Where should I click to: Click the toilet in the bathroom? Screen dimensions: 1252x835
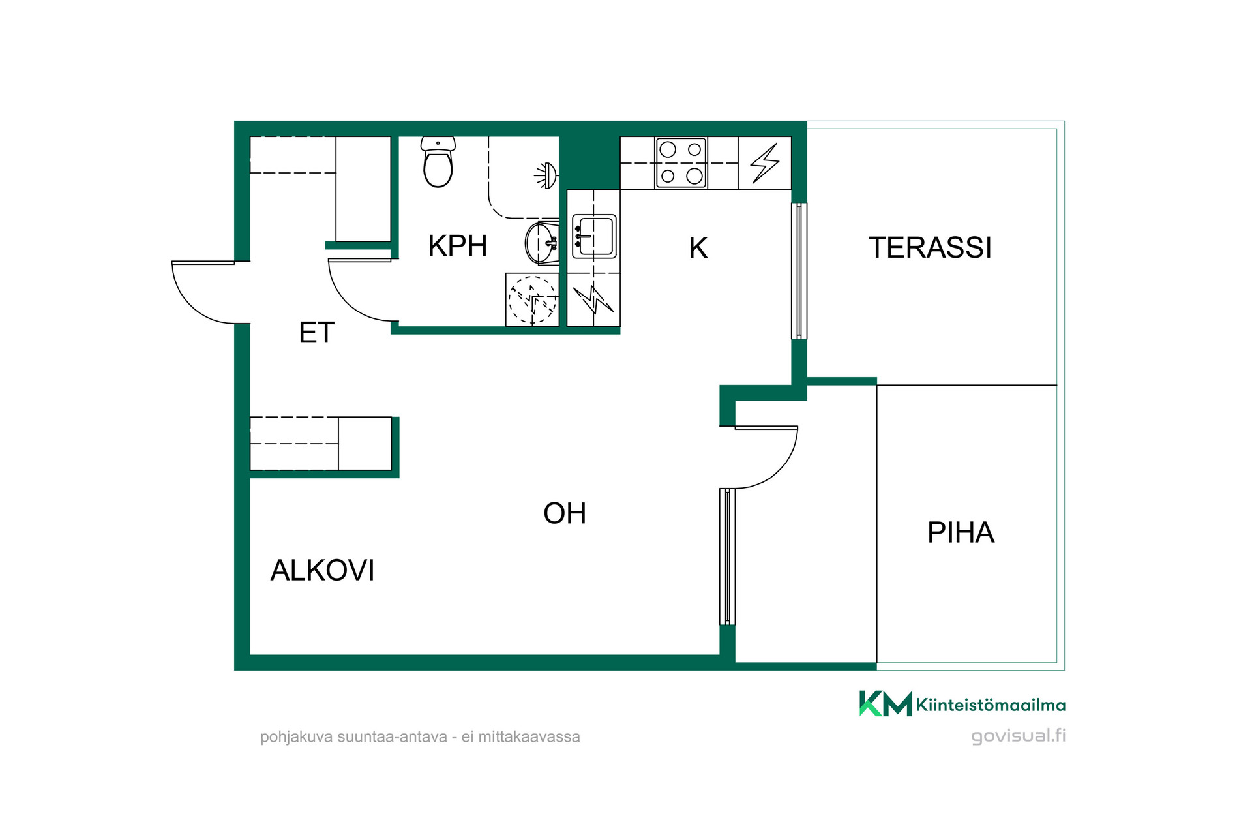[x=438, y=162]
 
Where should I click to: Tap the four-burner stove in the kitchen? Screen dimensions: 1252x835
[x=681, y=162]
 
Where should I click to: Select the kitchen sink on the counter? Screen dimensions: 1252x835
[x=593, y=236]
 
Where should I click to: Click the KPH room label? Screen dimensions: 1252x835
[x=458, y=246]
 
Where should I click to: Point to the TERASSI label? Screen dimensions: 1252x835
[x=930, y=248]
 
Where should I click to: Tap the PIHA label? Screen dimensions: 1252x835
[x=961, y=533]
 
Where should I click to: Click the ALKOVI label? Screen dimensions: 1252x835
[x=322, y=570]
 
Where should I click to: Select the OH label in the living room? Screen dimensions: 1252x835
[x=565, y=513]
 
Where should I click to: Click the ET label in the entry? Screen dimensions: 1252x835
[x=316, y=333]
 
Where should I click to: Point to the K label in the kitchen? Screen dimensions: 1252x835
[x=698, y=248]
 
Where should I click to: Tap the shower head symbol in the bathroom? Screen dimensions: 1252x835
[x=546, y=175]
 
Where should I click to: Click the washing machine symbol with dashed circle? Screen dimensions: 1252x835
[x=532, y=299]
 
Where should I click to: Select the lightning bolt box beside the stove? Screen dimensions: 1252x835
[x=764, y=163]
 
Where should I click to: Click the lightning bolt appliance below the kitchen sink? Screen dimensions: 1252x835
[x=593, y=299]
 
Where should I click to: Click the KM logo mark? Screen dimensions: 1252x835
[x=886, y=703]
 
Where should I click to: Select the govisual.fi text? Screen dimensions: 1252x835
[x=1018, y=736]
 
